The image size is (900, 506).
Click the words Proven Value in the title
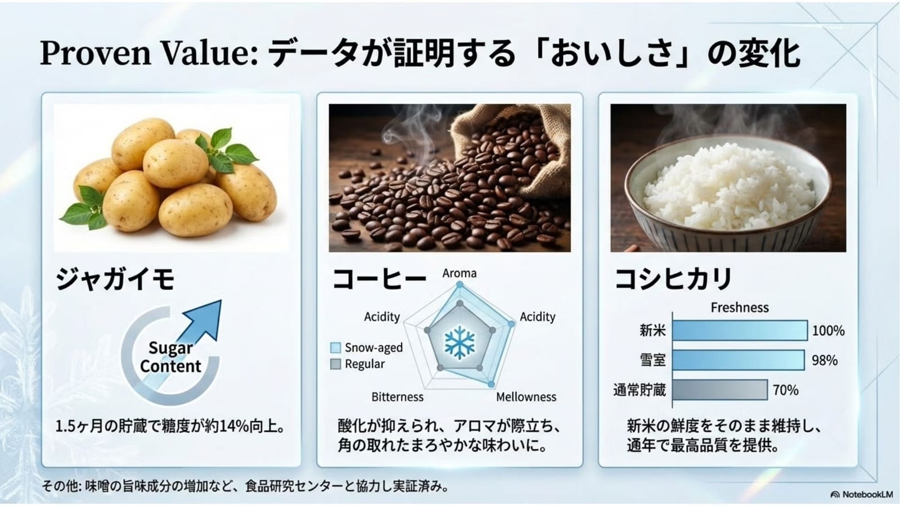click(x=148, y=53)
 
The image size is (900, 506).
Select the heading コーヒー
click(x=379, y=279)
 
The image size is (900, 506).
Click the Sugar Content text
click(x=170, y=357)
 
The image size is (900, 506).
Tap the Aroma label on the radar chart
click(x=459, y=273)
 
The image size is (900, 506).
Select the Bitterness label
click(x=397, y=397)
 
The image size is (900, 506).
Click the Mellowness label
click(x=526, y=397)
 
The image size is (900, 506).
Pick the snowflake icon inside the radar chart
click(x=460, y=342)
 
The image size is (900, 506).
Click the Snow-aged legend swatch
click(x=335, y=347)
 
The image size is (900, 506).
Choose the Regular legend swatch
click(x=335, y=364)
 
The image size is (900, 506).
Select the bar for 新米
click(x=740, y=331)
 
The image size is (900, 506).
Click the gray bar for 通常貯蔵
click(x=720, y=390)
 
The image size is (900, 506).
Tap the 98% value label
click(x=825, y=360)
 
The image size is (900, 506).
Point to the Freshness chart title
click(x=740, y=308)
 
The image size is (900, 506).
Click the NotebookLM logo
click(x=861, y=494)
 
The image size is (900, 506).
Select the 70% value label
click(x=785, y=390)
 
